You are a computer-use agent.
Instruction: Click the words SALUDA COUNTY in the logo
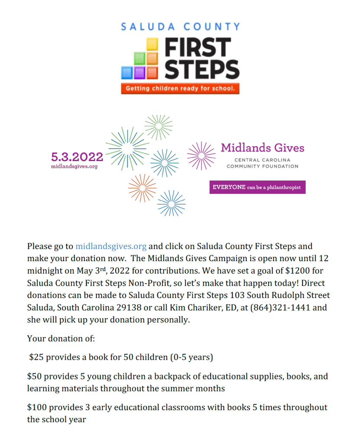tap(180, 27)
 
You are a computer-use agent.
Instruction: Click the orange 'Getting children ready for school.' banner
tap(180, 89)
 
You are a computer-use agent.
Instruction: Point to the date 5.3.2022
tap(77, 157)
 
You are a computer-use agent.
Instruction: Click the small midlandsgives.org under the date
tap(74, 166)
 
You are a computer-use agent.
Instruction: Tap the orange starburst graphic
tap(142, 187)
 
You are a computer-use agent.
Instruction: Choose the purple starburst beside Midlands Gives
tap(201, 155)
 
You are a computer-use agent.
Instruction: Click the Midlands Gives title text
tap(263, 148)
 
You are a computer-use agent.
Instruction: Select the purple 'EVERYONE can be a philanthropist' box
tap(257, 187)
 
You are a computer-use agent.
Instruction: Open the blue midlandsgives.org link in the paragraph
tap(111, 246)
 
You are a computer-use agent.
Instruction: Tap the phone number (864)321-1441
tap(278, 308)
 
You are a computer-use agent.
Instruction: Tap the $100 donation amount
tap(36, 407)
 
